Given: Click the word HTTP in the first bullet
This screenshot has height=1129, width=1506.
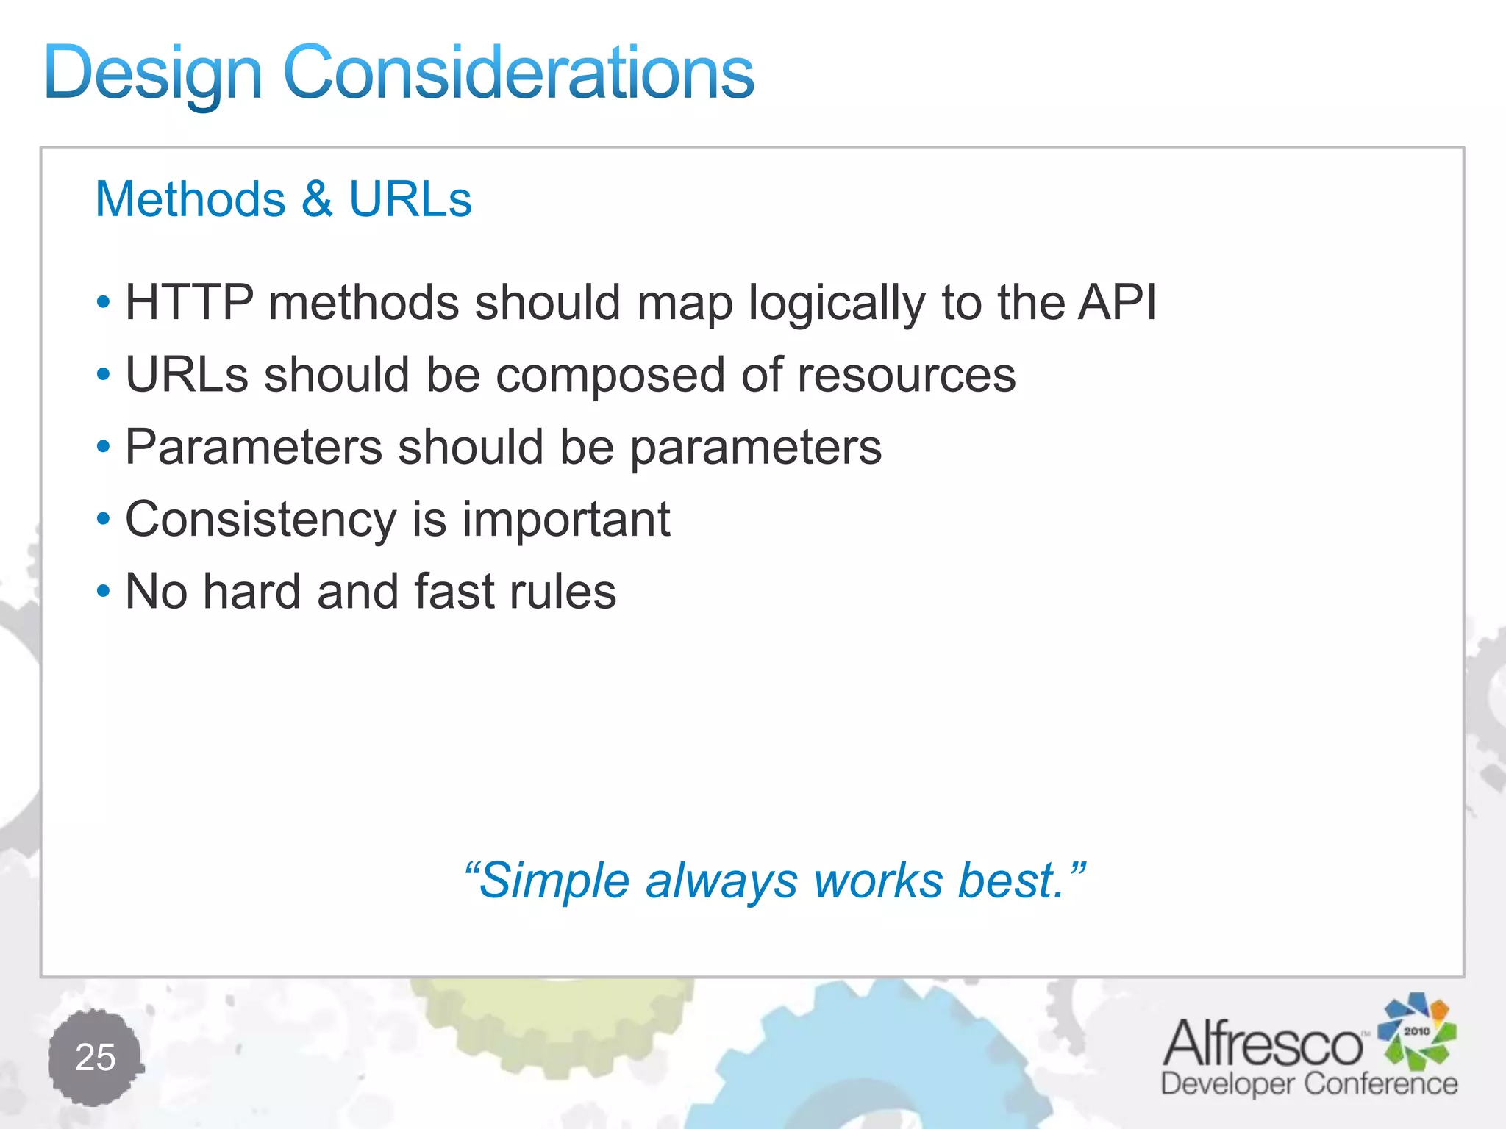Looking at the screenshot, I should (x=189, y=302).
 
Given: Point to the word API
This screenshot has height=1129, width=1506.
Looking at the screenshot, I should (x=1116, y=302).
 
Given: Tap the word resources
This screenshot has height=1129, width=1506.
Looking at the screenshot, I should (x=906, y=376).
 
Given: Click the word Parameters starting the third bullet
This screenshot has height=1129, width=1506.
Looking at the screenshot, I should (x=254, y=447).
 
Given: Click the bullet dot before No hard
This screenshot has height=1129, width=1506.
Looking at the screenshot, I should (x=104, y=590).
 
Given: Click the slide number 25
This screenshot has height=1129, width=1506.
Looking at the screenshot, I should (x=96, y=1058).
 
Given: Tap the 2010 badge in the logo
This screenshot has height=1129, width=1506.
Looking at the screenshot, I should (x=1416, y=1031).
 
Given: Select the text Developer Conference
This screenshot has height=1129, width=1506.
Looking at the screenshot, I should (x=1309, y=1084).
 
